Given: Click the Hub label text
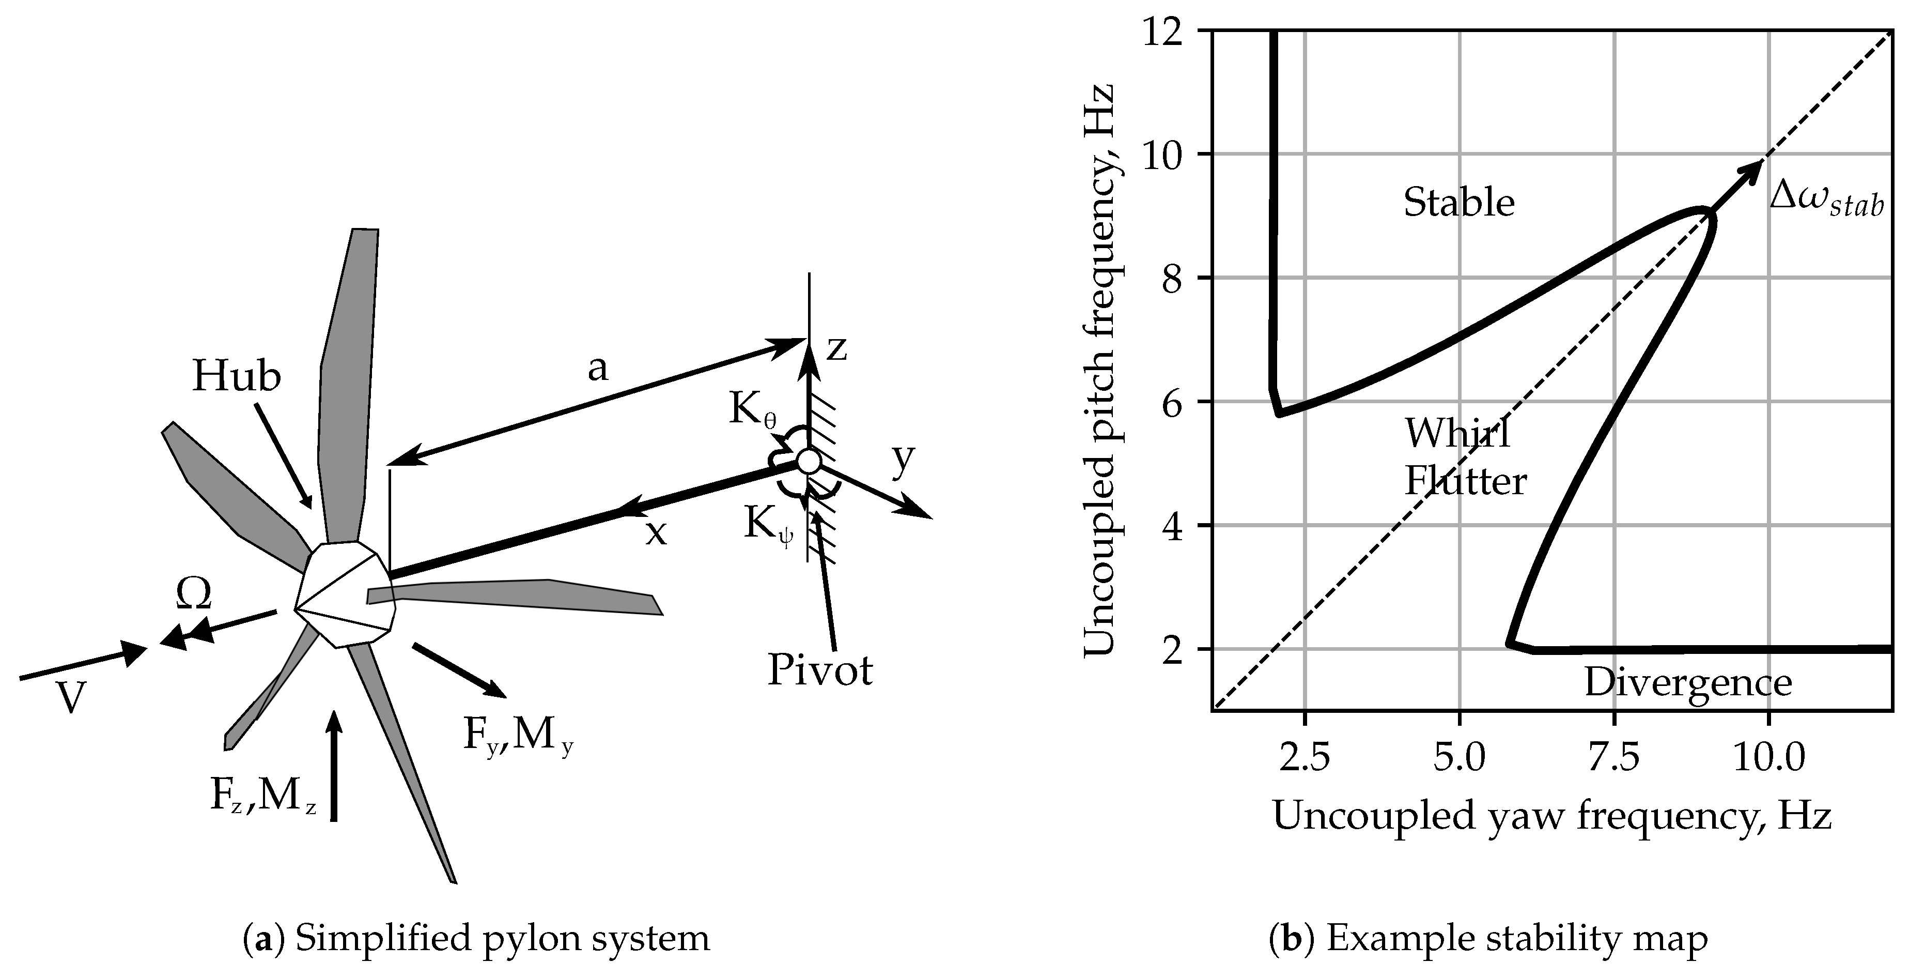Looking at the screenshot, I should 237,376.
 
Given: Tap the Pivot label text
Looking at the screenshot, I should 819,670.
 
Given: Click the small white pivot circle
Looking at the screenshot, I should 809,462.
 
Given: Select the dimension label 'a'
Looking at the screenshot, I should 597,368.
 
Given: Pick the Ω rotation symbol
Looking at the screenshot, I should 193,593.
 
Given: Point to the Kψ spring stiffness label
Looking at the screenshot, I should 768,526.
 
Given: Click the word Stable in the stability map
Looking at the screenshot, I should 1458,202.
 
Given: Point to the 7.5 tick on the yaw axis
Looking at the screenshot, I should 1613,758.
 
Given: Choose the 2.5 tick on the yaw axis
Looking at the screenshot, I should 1305,758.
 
